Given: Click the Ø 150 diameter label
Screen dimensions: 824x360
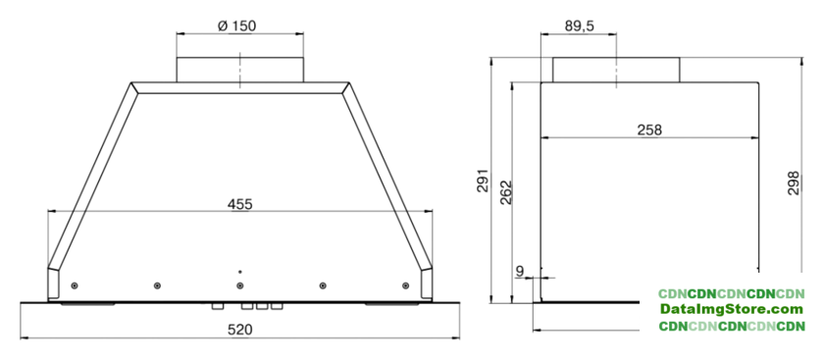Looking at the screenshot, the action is point(236,26).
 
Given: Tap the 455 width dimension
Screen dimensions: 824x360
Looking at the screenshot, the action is point(239,204).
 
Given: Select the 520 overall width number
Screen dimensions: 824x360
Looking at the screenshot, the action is point(239,330).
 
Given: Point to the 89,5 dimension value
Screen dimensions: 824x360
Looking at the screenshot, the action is point(580,26).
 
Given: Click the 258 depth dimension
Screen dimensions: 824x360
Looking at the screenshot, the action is point(649,129).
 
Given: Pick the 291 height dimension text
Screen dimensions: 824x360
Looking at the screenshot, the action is point(484,180).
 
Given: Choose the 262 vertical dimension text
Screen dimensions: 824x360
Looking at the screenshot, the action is point(505,192).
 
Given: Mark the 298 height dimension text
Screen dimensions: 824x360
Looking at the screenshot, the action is point(794,182).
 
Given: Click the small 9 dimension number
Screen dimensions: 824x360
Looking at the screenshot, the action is point(520,271).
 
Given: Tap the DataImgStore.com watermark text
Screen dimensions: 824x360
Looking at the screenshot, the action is point(732,309).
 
